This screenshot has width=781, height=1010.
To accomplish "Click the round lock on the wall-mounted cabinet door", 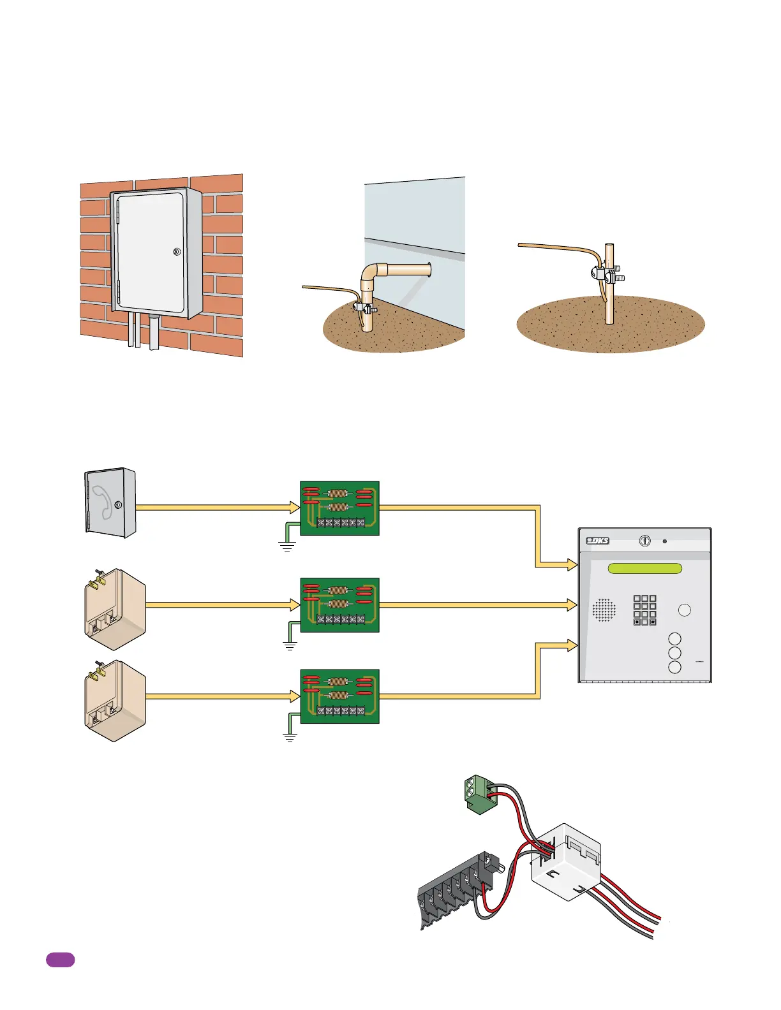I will (x=177, y=252).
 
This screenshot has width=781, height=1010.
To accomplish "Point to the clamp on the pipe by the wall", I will (x=364, y=308).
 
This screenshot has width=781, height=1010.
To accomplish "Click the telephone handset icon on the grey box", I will (x=102, y=502).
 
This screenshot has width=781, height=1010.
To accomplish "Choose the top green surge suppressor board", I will (x=339, y=508).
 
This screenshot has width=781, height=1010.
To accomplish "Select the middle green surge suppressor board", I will (x=339, y=605).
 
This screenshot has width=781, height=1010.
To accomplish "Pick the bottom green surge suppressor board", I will (x=339, y=696).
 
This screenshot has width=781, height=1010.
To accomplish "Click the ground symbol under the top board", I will (x=287, y=546).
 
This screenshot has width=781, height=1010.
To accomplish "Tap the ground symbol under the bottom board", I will (x=290, y=738).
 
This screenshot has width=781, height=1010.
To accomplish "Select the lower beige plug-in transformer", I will (x=115, y=701).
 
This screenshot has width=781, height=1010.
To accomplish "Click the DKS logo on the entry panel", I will (x=598, y=541).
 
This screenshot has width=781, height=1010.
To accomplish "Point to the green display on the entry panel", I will (x=645, y=568).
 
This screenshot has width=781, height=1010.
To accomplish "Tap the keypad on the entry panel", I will (x=644, y=610).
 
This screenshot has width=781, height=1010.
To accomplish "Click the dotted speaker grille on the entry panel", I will (x=604, y=610).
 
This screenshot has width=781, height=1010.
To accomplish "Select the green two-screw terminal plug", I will (x=477, y=793).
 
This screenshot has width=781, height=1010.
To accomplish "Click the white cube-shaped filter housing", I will (x=567, y=860).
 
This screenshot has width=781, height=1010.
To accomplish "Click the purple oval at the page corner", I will (x=60, y=960).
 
